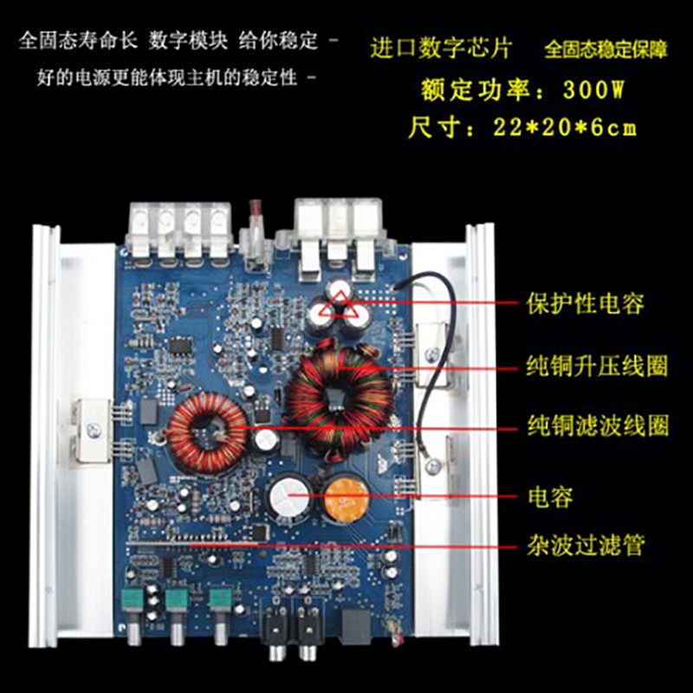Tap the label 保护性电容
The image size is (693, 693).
coord(586,304)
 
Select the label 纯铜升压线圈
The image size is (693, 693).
coord(597,365)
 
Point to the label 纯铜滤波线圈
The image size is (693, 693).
coord(598,425)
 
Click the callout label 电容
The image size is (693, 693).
coord(551,496)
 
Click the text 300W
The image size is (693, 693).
coord(593,90)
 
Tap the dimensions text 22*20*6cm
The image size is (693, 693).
coord(565,127)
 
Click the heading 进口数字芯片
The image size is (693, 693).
coord(441,48)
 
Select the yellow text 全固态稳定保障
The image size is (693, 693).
coord(606,49)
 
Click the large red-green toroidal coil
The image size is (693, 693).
coord(339,398)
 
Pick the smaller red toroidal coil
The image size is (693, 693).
coord(206,433)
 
